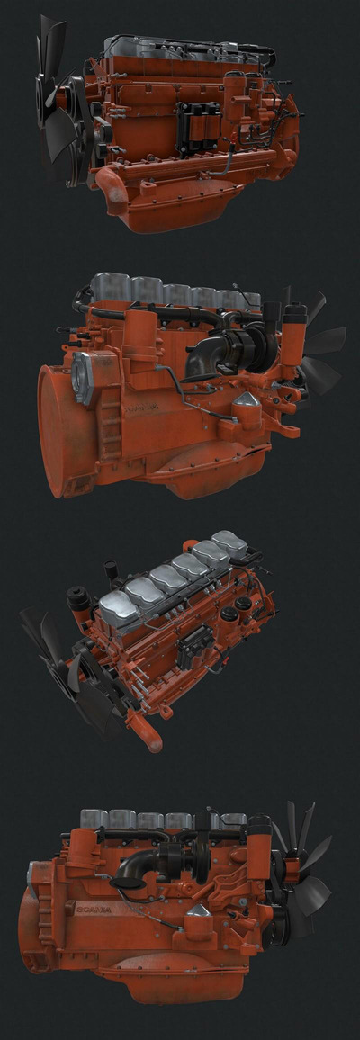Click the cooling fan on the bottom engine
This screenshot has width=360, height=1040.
tap(301, 864)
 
